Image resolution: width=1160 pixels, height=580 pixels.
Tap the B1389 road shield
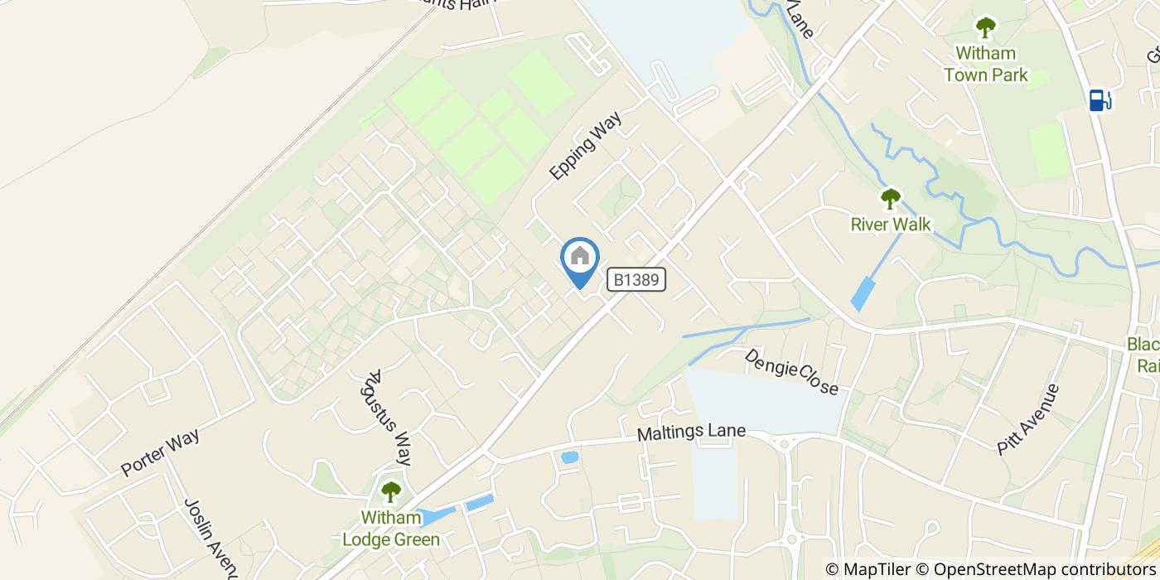[636, 280]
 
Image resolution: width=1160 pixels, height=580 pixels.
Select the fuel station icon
[1099, 100]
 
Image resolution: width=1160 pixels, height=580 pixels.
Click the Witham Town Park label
[985, 65]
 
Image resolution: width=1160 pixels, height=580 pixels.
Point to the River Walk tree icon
[891, 199]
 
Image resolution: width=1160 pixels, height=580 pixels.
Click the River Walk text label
[891, 225]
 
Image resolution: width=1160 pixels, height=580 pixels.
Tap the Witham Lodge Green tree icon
[390, 492]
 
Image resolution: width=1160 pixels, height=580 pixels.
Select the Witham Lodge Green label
[391, 529]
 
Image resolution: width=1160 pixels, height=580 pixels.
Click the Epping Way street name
[584, 147]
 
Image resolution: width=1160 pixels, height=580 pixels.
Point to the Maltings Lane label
[691, 433]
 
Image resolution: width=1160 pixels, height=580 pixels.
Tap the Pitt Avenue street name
[1028, 418]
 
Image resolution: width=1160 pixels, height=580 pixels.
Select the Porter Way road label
[161, 453]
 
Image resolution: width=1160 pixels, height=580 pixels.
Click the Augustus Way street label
[386, 418]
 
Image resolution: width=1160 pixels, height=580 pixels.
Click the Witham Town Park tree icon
[985, 28]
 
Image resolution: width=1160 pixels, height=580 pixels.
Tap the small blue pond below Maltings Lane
[569, 457]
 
